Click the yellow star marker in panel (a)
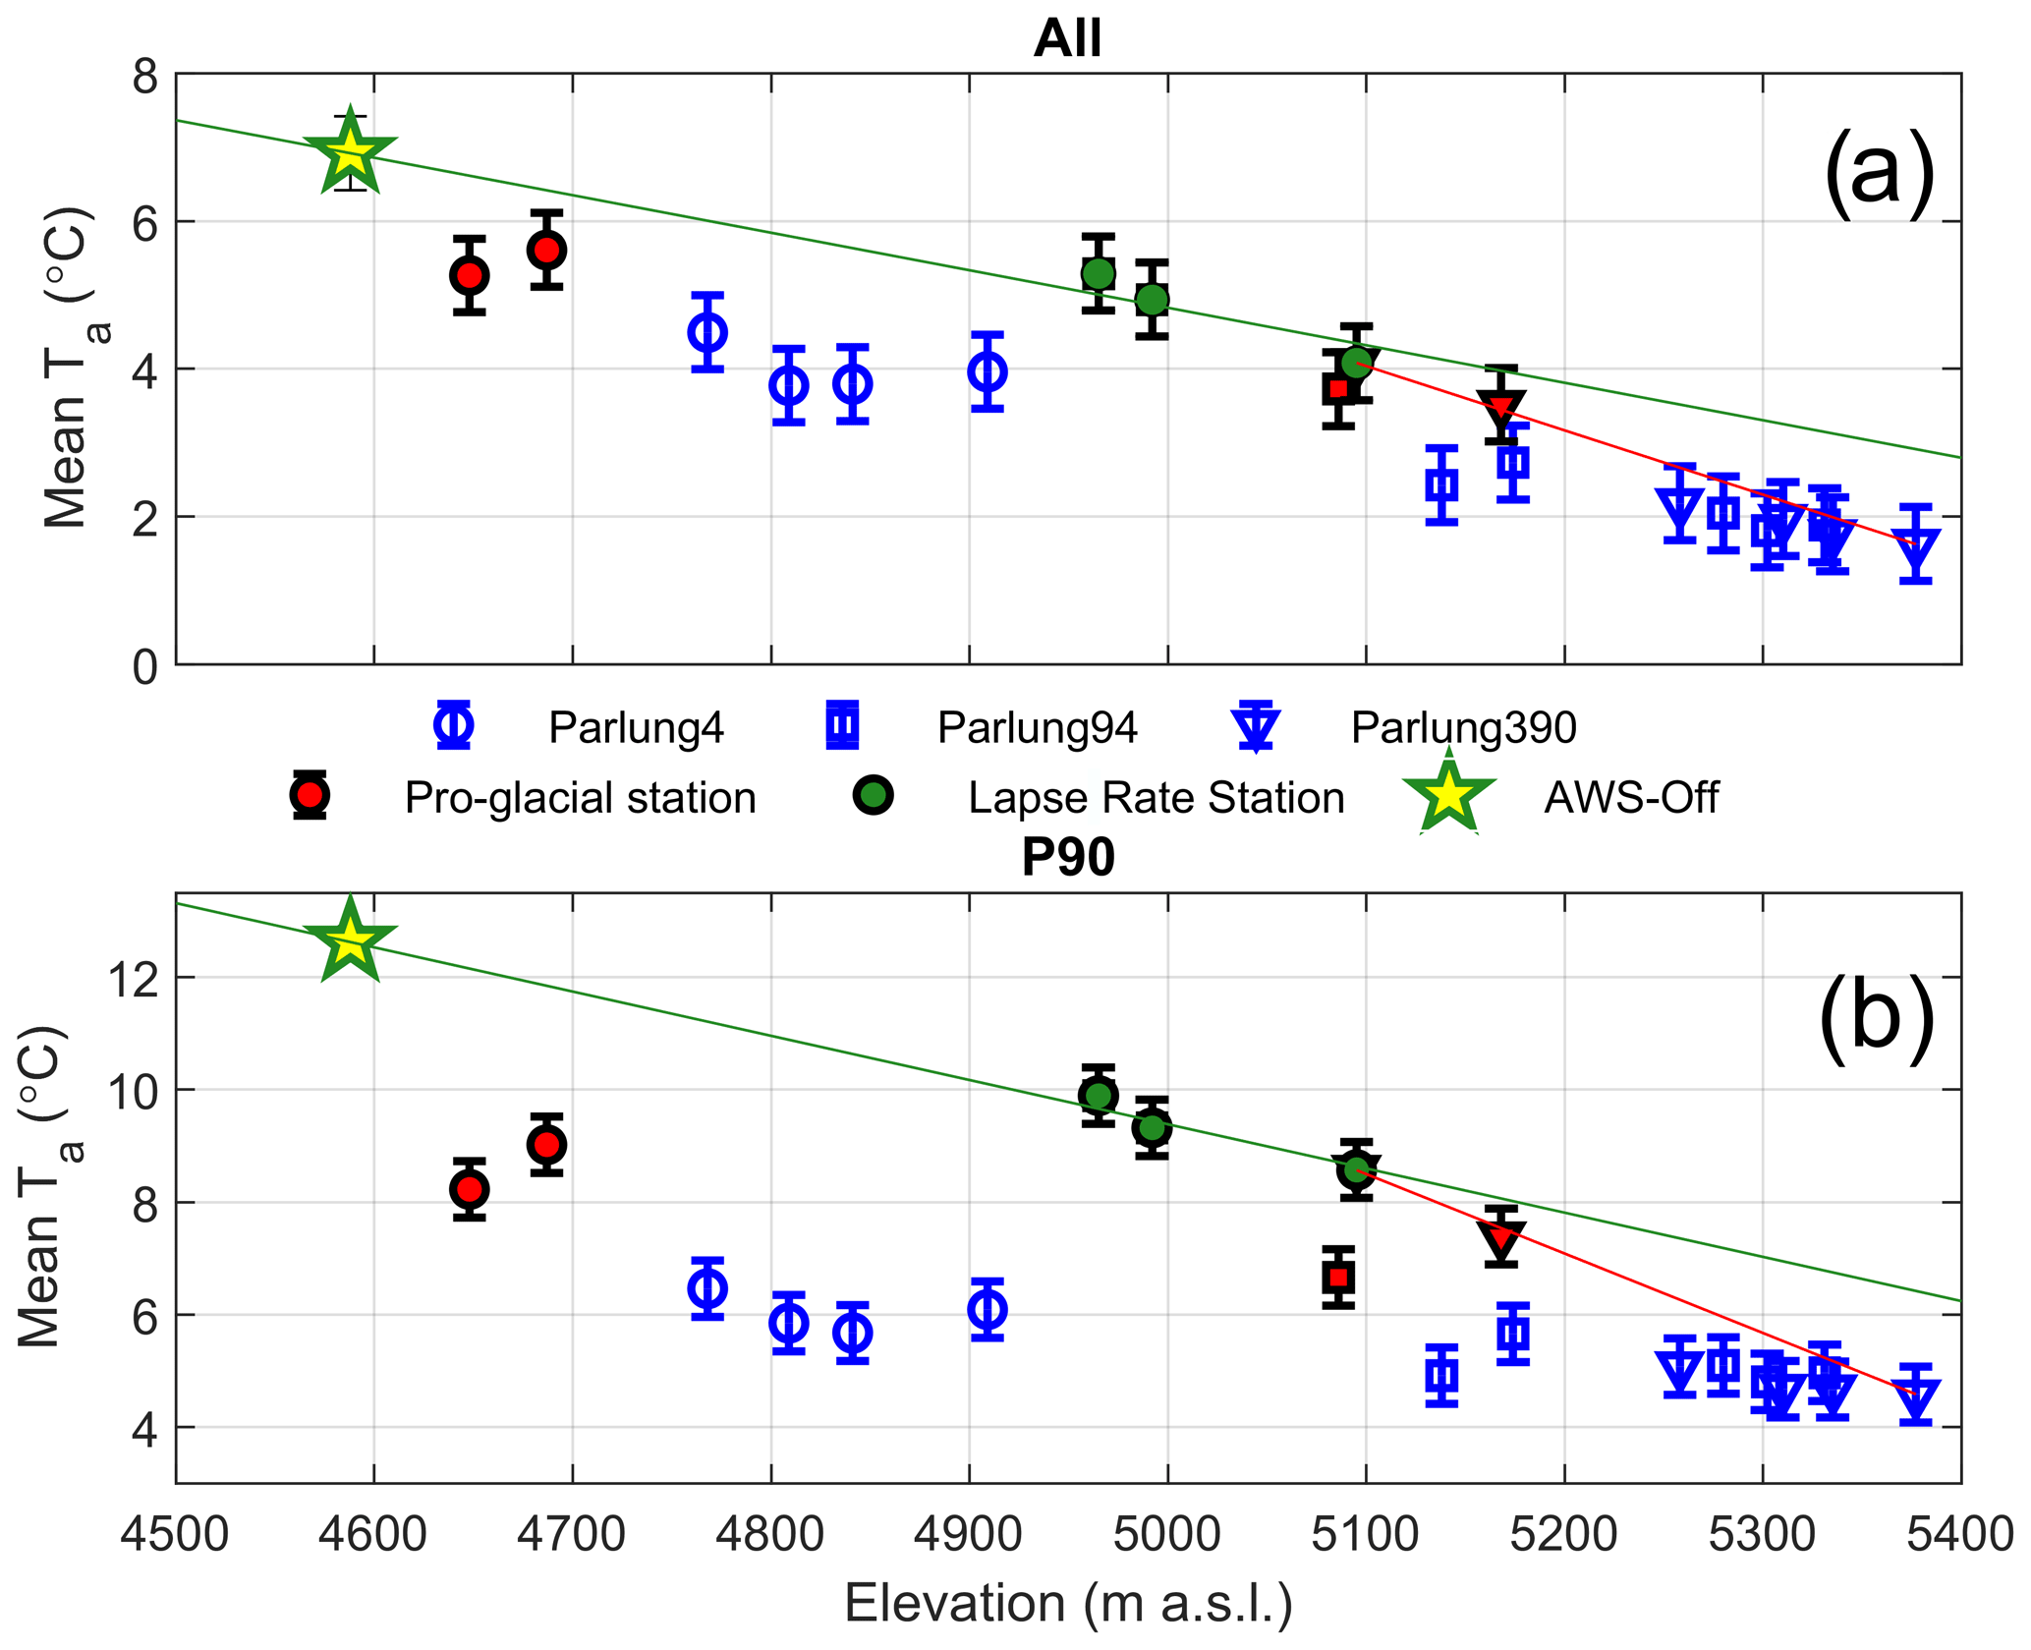[350, 152]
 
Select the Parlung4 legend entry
[636, 728]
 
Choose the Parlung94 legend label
[1037, 728]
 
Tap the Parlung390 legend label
[1463, 728]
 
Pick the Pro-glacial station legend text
[580, 798]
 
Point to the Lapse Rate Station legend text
[1156, 798]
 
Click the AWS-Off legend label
[1631, 798]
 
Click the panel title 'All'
[1067, 39]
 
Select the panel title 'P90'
[1067, 857]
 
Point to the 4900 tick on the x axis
[969, 1534]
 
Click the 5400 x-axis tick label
[1959, 1534]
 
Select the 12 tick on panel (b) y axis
[132, 979]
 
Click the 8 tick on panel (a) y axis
[145, 76]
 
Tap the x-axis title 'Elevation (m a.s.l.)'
[1068, 1603]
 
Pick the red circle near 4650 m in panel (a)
[470, 276]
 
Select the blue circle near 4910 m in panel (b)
[987, 1310]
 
